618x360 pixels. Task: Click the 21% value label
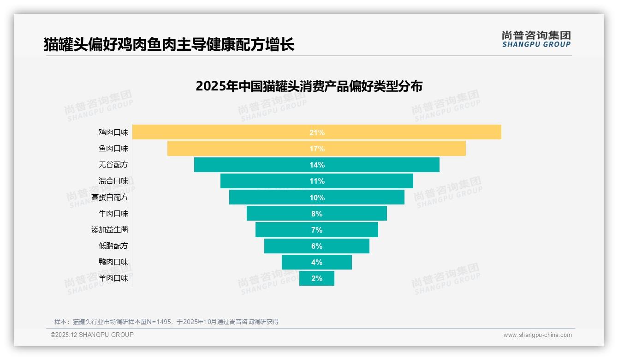pos(317,132)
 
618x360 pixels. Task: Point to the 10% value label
pos(317,198)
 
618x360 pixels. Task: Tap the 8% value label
pos(317,214)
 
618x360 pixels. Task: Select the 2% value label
pos(317,278)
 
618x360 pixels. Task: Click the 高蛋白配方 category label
pos(110,198)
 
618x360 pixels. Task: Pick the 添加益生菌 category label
pos(110,230)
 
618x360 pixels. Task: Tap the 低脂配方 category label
pos(113,246)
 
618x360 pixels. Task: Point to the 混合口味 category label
pos(113,181)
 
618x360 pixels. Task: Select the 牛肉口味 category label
pos(113,214)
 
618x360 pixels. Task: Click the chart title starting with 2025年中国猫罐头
pos(309,86)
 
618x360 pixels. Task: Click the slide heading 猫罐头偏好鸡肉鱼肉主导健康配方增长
pos(169,45)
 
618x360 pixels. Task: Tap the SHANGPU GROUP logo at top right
pos(536,39)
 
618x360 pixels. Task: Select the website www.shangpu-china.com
pos(537,335)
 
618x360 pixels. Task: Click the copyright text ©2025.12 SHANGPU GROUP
pos(92,335)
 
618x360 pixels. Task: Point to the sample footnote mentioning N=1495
pos(166,322)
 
